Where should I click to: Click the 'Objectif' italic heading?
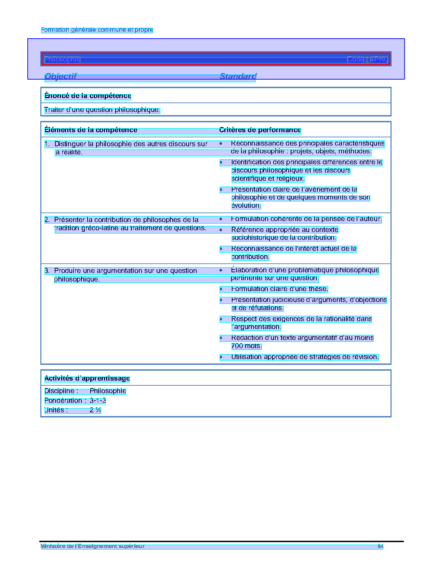tap(61, 77)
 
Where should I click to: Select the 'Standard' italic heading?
tap(238, 77)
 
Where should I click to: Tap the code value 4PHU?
tap(379, 59)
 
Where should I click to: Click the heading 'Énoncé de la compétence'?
tap(88, 96)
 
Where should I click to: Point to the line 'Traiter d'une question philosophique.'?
tap(102, 110)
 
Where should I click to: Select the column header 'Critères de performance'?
tap(260, 130)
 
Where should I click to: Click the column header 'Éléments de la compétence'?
tap(91, 130)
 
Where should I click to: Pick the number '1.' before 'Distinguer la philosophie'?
tap(47, 144)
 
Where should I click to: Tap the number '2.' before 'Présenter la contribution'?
tap(47, 220)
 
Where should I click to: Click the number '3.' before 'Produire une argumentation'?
tap(47, 271)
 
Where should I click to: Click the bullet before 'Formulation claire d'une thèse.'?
tap(221, 289)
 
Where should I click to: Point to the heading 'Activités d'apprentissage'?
tap(87, 379)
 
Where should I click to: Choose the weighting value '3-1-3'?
tap(98, 401)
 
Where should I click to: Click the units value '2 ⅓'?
tap(95, 410)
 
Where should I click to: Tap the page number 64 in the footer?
tap(380, 546)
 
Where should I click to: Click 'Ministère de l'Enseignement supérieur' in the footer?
tap(93, 546)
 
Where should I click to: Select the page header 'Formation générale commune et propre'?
tap(97, 30)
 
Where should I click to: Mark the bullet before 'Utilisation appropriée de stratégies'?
tap(221, 357)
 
